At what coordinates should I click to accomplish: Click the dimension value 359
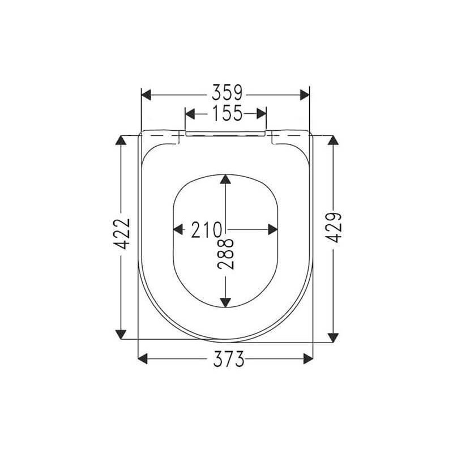227,93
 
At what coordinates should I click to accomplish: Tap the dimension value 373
229,359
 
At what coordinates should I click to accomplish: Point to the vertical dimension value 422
122,234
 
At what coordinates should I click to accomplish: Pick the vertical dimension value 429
334,228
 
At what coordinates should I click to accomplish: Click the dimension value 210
206,230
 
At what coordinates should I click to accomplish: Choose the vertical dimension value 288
225,253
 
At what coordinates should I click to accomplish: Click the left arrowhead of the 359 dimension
146,95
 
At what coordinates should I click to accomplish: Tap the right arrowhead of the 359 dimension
305,95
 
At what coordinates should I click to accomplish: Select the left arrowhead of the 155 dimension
190,114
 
